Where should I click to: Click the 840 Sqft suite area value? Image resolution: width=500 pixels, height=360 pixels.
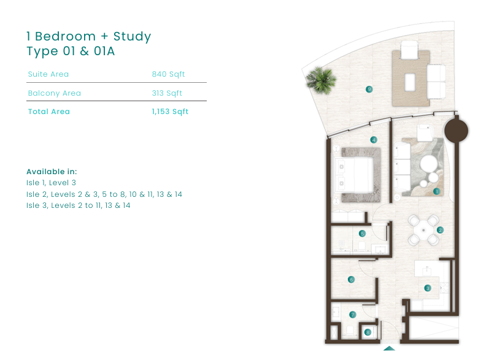(x=168, y=74)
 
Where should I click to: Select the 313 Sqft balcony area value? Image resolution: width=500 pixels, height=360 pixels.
(x=167, y=93)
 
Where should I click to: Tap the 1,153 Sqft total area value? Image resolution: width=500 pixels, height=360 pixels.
(x=170, y=112)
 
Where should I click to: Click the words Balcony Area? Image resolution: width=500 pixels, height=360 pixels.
(x=55, y=93)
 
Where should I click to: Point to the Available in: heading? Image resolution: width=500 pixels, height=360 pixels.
(x=52, y=172)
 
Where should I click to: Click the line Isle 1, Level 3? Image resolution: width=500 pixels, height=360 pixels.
(x=52, y=183)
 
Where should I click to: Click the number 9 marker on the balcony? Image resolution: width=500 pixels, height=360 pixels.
(x=369, y=90)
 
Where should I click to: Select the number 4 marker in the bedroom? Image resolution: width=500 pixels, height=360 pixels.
(x=374, y=140)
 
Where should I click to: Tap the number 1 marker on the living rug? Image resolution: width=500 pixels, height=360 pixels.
(x=437, y=191)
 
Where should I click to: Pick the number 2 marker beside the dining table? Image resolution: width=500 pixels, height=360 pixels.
(x=440, y=230)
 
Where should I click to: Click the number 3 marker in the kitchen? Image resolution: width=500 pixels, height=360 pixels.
(x=428, y=288)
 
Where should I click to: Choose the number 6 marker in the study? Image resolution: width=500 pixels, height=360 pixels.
(x=351, y=280)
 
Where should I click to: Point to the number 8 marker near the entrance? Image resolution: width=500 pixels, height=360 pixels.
(x=367, y=332)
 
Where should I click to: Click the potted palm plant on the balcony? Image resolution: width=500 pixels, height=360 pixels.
(x=321, y=80)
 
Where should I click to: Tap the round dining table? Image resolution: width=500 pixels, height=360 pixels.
(x=423, y=230)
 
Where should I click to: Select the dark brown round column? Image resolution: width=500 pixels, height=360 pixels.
(x=456, y=131)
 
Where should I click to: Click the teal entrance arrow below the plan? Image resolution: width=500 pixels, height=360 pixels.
(x=390, y=348)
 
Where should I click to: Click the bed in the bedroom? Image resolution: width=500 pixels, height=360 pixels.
(x=354, y=175)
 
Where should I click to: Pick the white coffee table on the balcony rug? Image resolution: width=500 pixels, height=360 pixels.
(x=410, y=82)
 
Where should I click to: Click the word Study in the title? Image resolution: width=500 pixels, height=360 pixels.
(x=133, y=37)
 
